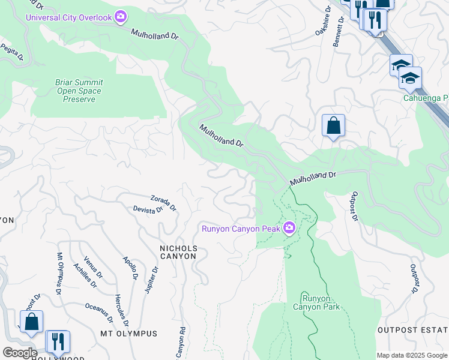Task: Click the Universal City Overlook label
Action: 68,17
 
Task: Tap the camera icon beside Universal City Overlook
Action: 121,17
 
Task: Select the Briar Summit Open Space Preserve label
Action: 79,91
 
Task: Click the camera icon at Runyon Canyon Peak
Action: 289,228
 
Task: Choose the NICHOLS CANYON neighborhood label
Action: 178,252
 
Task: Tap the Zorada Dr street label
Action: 163,203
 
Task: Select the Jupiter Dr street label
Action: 152,280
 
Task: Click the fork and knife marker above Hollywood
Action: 58,341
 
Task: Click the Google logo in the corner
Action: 19,353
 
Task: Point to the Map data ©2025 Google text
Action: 412,355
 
